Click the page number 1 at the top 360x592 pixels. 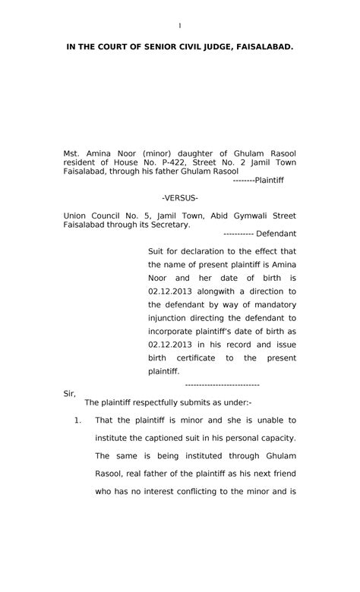pyautogui.click(x=180, y=26)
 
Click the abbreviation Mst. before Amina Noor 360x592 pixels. pyautogui.click(x=71, y=153)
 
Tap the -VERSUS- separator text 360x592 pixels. pyautogui.click(x=180, y=198)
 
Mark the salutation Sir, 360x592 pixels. pyautogui.click(x=69, y=394)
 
